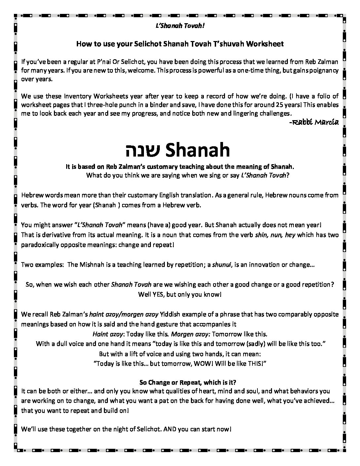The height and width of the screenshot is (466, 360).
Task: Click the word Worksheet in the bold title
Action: [x=267, y=44]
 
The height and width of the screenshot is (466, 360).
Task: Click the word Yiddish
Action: [x=181, y=314]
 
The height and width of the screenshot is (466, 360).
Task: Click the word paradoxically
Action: [x=39, y=245]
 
